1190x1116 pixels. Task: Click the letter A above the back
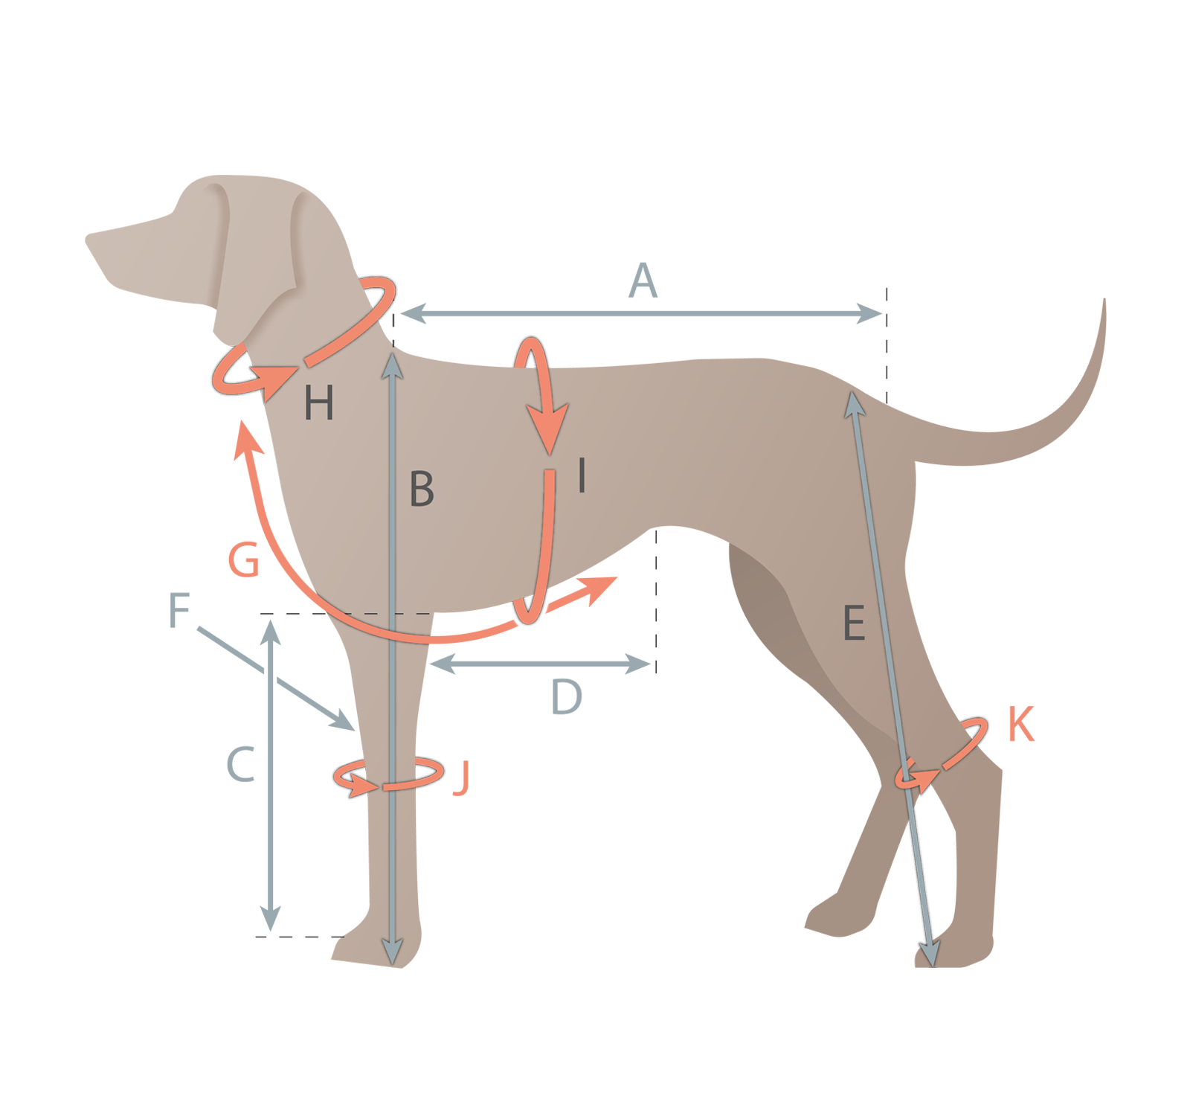coord(643,280)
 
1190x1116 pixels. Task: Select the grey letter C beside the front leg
coord(241,764)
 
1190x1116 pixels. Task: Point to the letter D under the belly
coord(567,696)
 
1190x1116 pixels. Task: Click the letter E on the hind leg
coord(854,623)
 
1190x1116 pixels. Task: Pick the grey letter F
coord(179,610)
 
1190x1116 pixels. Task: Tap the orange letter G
coord(244,559)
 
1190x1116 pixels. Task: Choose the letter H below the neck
coord(319,404)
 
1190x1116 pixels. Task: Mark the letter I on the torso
coord(582,475)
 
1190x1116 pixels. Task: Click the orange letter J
coord(462,778)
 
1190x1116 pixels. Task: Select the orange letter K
coord(1021,724)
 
